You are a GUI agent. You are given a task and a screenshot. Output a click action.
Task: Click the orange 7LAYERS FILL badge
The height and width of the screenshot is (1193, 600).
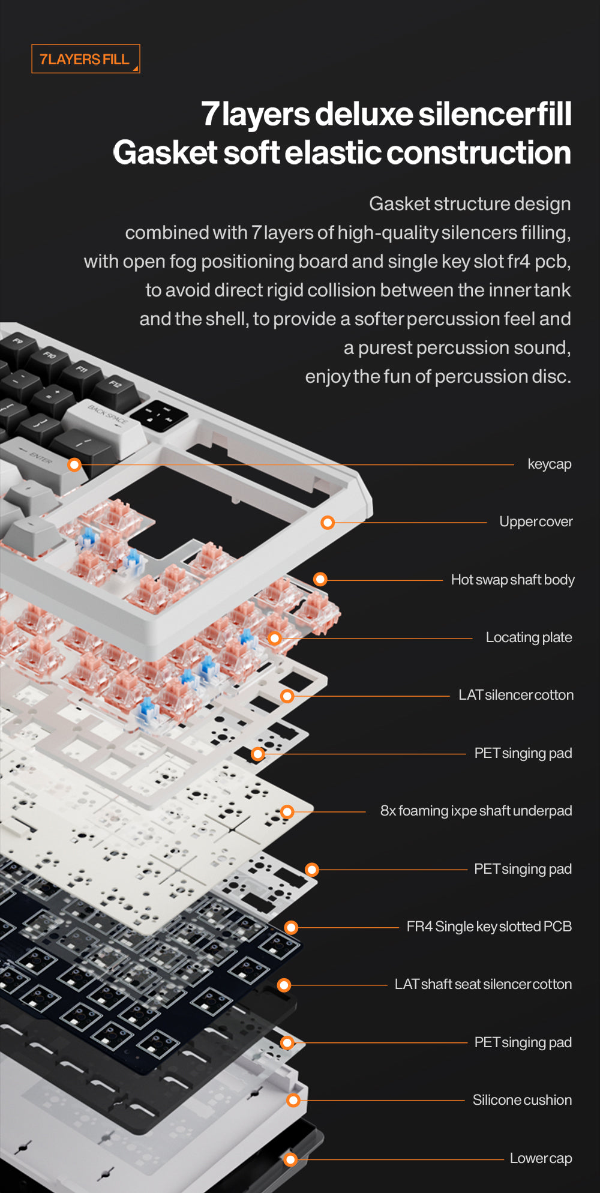click(85, 59)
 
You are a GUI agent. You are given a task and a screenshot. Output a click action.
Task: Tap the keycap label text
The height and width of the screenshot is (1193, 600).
click(549, 464)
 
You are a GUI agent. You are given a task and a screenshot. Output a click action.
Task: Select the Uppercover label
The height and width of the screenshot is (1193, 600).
click(535, 521)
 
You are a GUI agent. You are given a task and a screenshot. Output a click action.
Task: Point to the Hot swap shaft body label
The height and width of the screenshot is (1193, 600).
click(512, 580)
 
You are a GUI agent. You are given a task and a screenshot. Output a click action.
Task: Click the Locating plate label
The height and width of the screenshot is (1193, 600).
click(529, 637)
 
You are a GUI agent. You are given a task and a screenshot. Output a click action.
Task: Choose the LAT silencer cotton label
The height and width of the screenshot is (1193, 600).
click(515, 695)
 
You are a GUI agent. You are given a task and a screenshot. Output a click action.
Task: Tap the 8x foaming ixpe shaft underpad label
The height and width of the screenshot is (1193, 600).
click(476, 811)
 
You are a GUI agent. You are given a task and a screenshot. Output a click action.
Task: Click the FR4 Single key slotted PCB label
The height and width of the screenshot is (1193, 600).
click(488, 927)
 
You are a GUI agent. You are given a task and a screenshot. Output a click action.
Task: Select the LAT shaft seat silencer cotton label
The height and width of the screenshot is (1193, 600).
click(483, 984)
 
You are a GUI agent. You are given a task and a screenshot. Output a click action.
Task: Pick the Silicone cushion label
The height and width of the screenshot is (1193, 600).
click(521, 1100)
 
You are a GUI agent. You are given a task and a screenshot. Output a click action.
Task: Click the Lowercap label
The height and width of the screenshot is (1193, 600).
click(540, 1158)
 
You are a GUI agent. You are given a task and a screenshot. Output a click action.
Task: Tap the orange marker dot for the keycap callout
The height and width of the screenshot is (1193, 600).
click(74, 464)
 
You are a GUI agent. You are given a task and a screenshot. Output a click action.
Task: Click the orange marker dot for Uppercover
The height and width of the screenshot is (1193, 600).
click(328, 522)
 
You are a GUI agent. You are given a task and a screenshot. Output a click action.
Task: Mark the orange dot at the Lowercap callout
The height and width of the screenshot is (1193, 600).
click(290, 1159)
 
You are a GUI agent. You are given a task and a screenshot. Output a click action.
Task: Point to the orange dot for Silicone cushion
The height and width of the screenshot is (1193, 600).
click(293, 1100)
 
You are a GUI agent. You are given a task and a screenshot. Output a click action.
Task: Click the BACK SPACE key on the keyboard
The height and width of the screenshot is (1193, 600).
click(107, 420)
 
